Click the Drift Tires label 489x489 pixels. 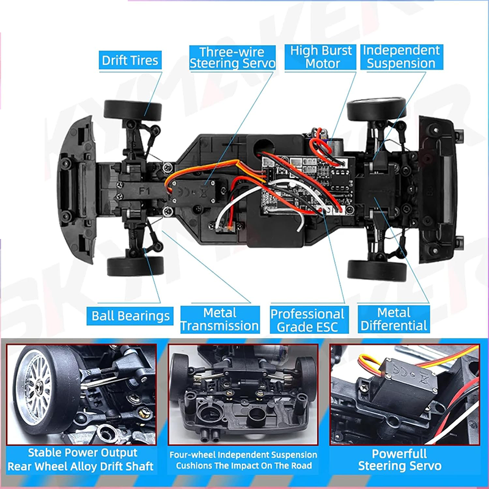(130, 60)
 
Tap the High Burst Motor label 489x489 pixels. (322, 57)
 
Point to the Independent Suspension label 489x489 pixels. (401, 57)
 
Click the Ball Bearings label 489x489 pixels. (130, 315)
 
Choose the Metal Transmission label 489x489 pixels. (219, 320)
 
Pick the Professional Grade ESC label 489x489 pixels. (307, 320)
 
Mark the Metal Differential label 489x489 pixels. (394, 320)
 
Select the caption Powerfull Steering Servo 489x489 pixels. (399, 460)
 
